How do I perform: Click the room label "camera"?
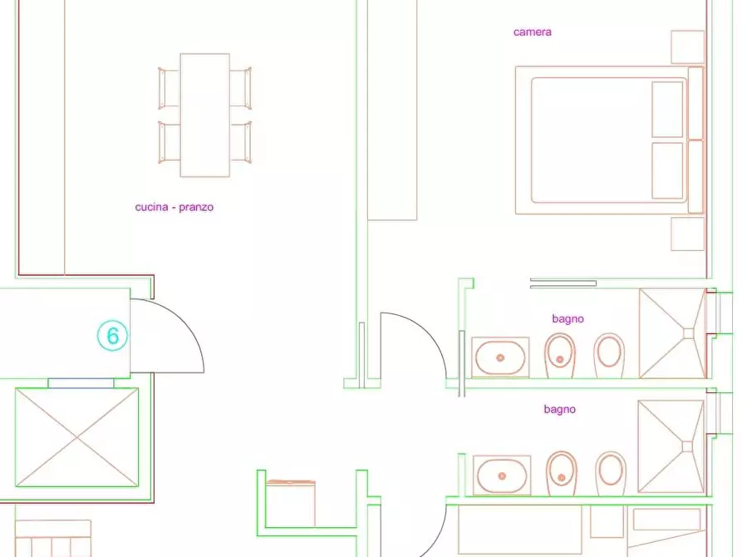pyautogui.click(x=533, y=32)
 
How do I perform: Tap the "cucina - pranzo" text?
pyautogui.click(x=174, y=207)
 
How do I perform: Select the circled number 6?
pyautogui.click(x=113, y=336)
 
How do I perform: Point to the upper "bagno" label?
pyautogui.click(x=568, y=318)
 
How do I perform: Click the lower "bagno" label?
pyautogui.click(x=560, y=409)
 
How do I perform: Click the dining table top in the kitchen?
pyautogui.click(x=205, y=115)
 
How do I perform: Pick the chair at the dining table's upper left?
pyautogui.click(x=169, y=89)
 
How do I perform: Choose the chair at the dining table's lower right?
pyautogui.click(x=241, y=142)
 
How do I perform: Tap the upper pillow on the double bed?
pyautogui.click(x=667, y=110)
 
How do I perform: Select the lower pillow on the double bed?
pyautogui.click(x=667, y=170)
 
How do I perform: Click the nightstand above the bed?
pyautogui.click(x=688, y=47)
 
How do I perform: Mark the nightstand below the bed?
pyautogui.click(x=688, y=234)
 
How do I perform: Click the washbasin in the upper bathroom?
pyautogui.click(x=500, y=357)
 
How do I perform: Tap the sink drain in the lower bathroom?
pyautogui.click(x=502, y=476)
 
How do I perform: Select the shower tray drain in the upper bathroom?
pyautogui.click(x=688, y=333)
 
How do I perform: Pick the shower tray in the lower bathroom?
pyautogui.click(x=671, y=446)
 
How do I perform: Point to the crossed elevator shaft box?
pyautogui.click(x=76, y=437)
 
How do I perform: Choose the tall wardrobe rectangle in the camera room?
pyautogui.click(x=392, y=110)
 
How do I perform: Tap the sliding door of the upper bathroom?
pyautogui.click(x=563, y=283)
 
